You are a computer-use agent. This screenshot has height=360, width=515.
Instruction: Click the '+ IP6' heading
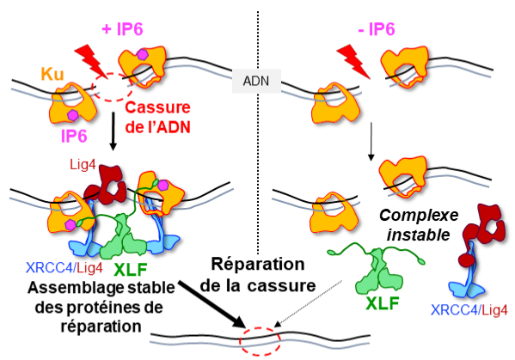point(122,29)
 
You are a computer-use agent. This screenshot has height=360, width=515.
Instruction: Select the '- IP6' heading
point(377,29)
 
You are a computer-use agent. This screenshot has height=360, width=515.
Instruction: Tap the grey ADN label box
point(256,81)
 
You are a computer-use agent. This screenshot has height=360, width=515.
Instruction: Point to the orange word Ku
point(52,74)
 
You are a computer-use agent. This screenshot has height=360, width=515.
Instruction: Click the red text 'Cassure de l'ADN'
point(157,117)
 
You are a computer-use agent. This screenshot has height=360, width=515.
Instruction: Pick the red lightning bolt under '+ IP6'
point(92,62)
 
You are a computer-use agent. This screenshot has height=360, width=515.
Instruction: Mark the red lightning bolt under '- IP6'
point(353,62)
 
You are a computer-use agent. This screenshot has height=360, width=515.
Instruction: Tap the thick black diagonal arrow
point(212,304)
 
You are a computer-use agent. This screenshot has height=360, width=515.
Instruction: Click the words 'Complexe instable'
point(419,225)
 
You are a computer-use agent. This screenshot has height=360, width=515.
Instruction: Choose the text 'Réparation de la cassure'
point(258,275)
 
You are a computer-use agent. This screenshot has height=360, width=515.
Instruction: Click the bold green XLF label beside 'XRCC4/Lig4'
point(130,270)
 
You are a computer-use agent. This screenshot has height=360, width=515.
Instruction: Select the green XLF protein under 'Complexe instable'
point(377,270)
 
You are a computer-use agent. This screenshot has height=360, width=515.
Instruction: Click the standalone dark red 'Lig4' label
point(83,165)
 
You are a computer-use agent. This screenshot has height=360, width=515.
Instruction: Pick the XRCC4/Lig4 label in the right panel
point(469,310)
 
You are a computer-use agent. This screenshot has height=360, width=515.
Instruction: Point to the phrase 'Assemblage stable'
point(101,288)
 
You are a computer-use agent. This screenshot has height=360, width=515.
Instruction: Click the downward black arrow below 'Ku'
point(113,131)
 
